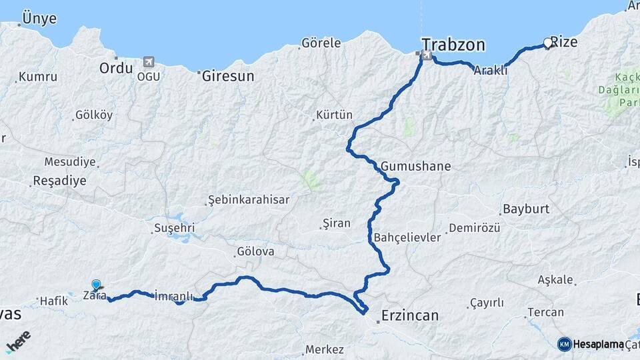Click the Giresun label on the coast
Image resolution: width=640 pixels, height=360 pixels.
(228, 75)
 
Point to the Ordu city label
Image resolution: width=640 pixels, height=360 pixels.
(116, 68)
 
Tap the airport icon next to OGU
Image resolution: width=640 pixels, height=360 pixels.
(148, 63)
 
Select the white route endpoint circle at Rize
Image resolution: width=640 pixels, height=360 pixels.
(548, 43)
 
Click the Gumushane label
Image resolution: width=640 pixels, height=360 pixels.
(416, 166)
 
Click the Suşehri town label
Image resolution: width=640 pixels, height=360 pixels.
(174, 228)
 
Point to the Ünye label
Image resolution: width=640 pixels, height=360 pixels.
(39, 19)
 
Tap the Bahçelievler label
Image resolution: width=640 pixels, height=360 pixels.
(407, 237)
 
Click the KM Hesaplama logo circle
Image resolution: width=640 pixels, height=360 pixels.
(565, 344)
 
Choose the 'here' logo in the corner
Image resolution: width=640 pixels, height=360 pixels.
(18, 341)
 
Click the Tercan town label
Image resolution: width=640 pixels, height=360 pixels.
(545, 312)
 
